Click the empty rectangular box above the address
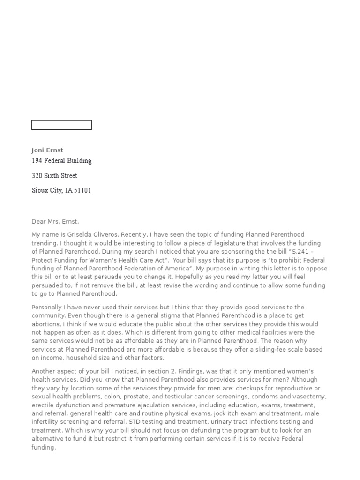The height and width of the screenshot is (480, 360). pyautogui.click(x=61, y=125)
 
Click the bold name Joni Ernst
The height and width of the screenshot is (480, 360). pyautogui.click(x=47, y=150)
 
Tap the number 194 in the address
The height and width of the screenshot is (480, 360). pyautogui.click(x=37, y=161)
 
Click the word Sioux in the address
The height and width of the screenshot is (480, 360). pyautogui.click(x=40, y=191)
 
